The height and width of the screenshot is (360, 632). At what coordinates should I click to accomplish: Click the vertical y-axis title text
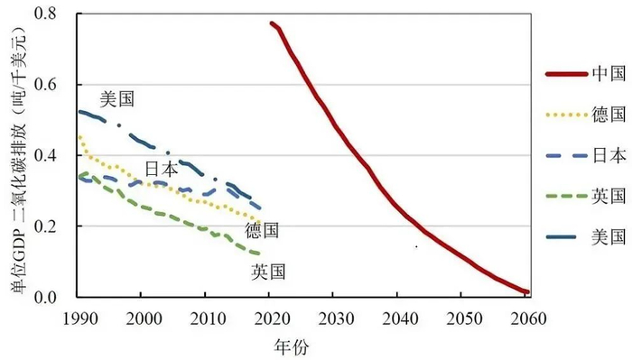click(x=16, y=158)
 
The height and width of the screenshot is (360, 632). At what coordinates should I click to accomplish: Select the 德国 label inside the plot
click(x=262, y=230)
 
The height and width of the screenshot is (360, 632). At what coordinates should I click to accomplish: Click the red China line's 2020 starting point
click(x=271, y=23)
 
